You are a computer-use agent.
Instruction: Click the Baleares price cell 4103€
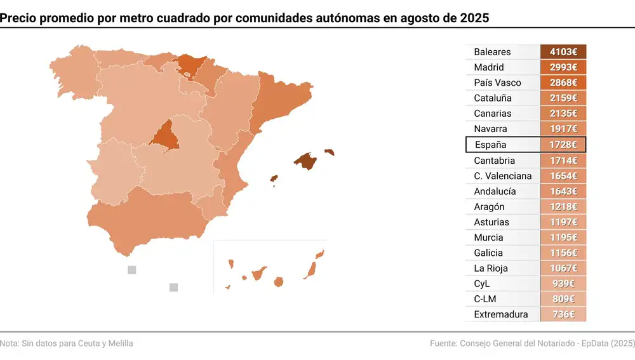563,52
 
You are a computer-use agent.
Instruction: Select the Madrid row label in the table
489,67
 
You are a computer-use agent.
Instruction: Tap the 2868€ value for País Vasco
563,83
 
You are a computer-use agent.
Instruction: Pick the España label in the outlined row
490,145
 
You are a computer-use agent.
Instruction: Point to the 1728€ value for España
563,145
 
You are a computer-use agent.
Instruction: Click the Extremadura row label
500,314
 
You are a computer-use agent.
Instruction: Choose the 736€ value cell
563,314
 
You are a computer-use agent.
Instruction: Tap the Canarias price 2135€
563,114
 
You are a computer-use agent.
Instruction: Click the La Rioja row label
491,268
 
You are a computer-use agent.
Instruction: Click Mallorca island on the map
306,161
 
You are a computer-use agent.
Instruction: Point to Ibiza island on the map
274,179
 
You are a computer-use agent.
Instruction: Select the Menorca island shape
329,152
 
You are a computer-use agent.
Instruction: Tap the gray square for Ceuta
132,270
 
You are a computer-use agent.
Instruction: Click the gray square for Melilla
174,288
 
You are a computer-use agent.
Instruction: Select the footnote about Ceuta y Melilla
67,343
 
